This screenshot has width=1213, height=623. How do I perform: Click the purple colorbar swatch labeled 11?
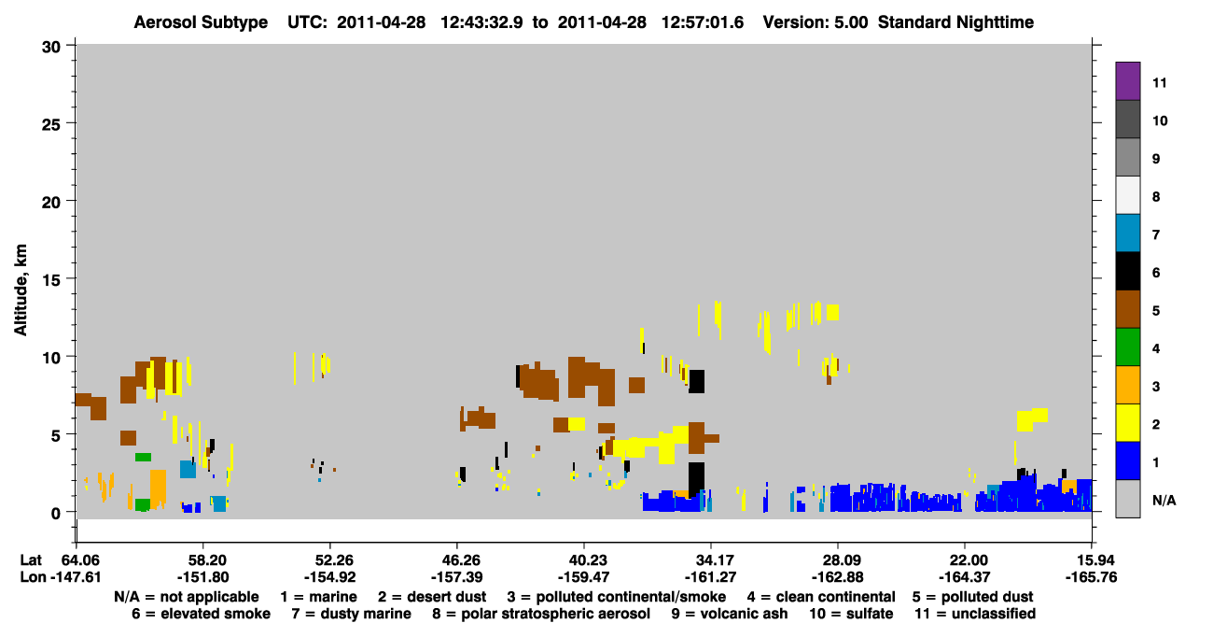point(1127,80)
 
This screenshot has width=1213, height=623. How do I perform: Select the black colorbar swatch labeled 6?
point(1127,271)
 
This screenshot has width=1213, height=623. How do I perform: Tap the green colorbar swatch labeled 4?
point(1127,347)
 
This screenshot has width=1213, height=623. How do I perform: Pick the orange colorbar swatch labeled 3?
point(1127,385)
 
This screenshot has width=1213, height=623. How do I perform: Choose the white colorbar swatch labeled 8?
point(1127,195)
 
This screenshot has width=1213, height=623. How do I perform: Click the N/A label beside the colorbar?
point(1164,500)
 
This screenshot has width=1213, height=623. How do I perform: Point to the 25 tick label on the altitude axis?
point(51,125)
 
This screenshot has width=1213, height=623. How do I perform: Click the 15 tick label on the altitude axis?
point(51,280)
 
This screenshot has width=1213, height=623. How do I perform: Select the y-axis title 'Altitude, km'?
point(21,290)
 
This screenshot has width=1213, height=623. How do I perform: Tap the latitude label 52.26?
point(330,559)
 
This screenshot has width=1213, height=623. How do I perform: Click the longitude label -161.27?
point(711,577)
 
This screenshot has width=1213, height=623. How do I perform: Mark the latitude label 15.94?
point(1092,559)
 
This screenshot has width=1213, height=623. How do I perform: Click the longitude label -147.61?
point(76,577)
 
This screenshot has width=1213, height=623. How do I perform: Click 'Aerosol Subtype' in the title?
point(201,22)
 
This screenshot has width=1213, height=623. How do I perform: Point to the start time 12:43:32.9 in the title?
point(482,22)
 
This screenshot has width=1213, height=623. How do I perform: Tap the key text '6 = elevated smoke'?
point(201,614)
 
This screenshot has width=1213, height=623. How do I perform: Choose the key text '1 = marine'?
point(318,597)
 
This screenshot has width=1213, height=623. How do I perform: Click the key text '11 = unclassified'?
point(975,614)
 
